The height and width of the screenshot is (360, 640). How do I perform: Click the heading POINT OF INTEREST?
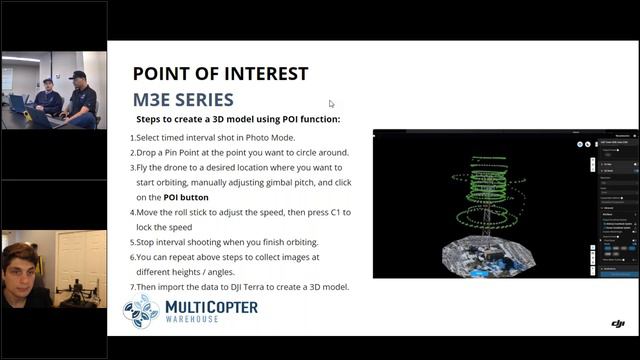tap(220, 74)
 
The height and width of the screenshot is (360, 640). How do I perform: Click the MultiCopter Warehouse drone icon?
tap(141, 311)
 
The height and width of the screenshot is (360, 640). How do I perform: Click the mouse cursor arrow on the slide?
tap(332, 103)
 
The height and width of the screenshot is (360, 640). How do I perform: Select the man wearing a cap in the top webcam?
tap(81, 95)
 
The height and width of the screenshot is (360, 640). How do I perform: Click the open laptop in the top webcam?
tap(21, 103)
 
